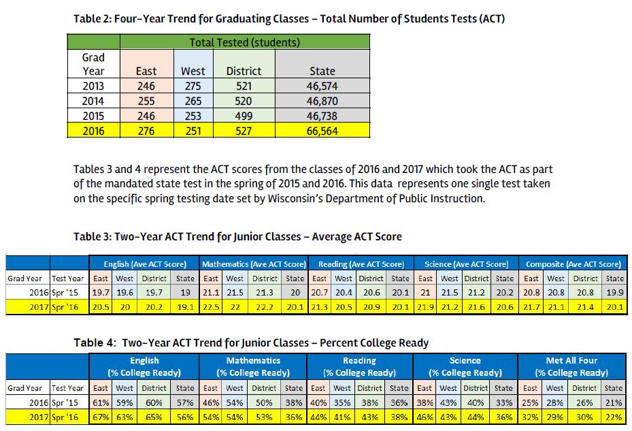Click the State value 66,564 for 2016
point(322,131)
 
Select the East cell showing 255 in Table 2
point(146,101)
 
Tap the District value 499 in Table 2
point(244,116)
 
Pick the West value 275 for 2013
point(193,86)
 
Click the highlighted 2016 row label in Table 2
point(93,131)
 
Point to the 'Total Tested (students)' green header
point(244,42)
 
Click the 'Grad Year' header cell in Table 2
point(93,64)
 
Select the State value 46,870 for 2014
point(322,101)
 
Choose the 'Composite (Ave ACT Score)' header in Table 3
point(573,264)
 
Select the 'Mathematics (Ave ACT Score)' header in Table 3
point(254,264)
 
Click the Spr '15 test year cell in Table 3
point(68,292)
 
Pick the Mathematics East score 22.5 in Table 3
point(212,307)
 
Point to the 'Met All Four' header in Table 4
point(571,360)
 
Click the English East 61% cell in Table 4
point(101,402)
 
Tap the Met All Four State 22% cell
point(614,417)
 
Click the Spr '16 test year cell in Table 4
point(68,417)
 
